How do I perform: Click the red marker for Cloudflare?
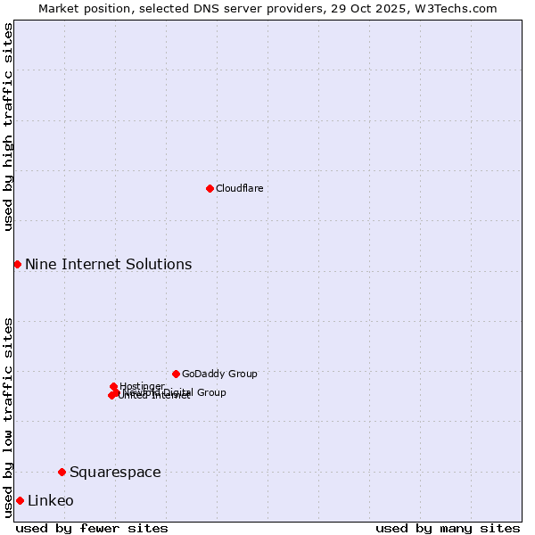pyautogui.click(x=210, y=188)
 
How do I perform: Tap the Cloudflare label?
pyautogui.click(x=239, y=188)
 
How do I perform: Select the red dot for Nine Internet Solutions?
pyautogui.click(x=17, y=264)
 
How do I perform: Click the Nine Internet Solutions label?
pyautogui.click(x=108, y=264)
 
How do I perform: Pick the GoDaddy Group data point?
pyautogui.click(x=176, y=374)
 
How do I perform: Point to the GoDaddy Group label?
pyautogui.click(x=219, y=374)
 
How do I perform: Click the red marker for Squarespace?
pyautogui.click(x=62, y=472)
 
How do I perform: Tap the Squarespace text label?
pyautogui.click(x=115, y=472)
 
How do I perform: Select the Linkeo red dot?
pyautogui.click(x=20, y=500)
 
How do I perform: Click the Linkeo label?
pyautogui.click(x=51, y=500)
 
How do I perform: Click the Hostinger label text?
pyautogui.click(x=142, y=386)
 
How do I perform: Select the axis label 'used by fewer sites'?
pyautogui.click(x=92, y=528)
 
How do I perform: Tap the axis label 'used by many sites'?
pyautogui.click(x=448, y=528)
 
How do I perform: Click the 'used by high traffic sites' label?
pyautogui.click(x=8, y=128)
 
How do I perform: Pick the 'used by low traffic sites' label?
pyautogui.click(x=8, y=416)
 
